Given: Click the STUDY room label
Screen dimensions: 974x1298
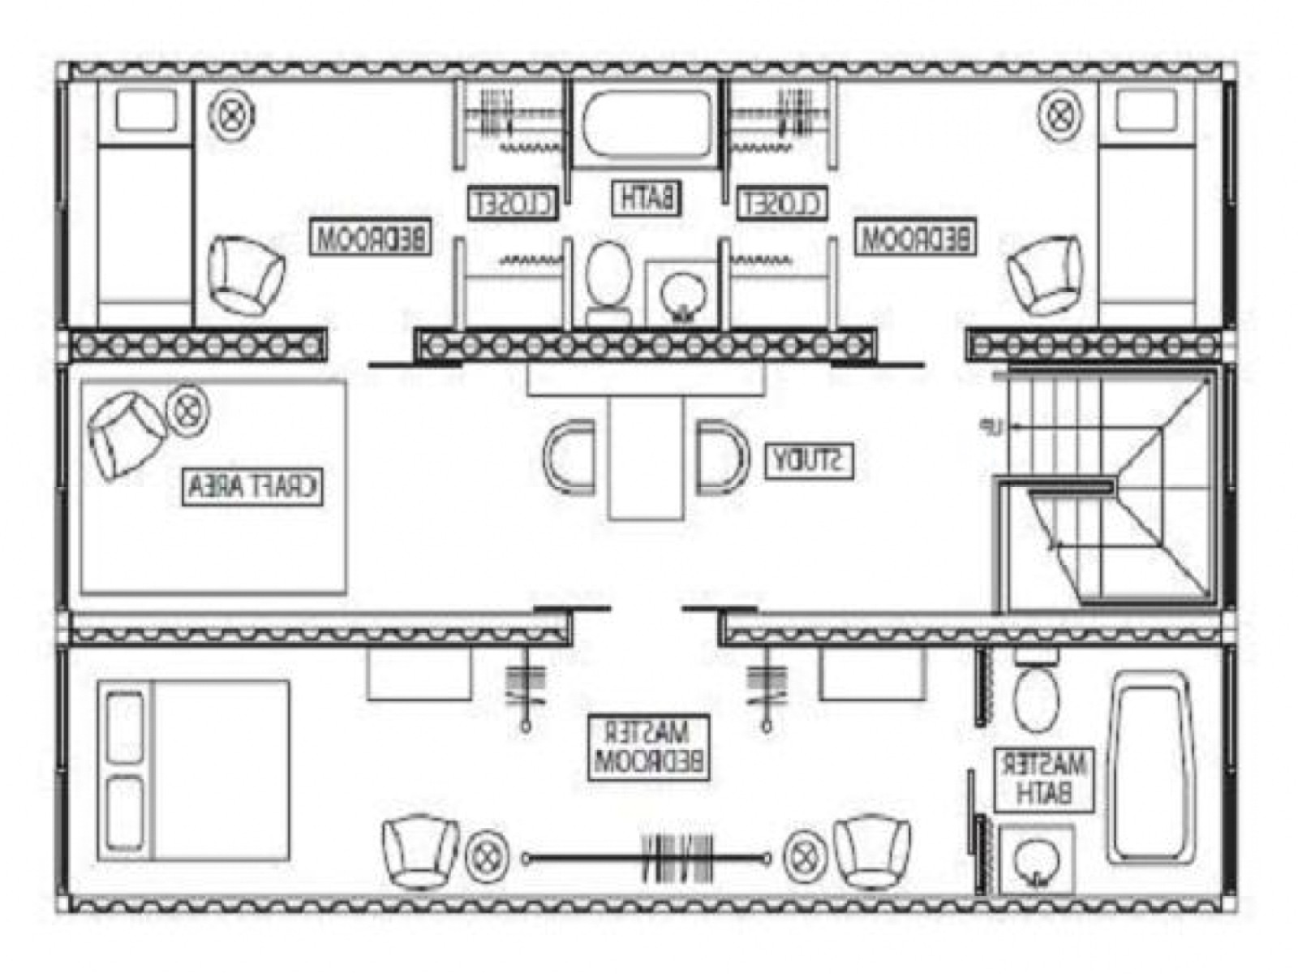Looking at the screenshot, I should point(809,461).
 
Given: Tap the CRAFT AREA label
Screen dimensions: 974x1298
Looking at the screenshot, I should point(252,487).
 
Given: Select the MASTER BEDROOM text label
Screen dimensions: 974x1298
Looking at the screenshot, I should point(650,748).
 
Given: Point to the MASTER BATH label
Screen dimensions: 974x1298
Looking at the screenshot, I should point(1043,778).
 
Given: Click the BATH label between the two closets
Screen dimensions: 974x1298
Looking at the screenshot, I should point(646,197).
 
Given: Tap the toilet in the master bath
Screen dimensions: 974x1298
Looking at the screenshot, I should point(1036,696).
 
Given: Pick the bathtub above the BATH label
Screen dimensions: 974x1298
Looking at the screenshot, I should point(645,127).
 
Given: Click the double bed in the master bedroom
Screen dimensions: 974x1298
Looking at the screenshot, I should point(193,770).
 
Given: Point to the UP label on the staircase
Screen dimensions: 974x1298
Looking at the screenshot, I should point(1012,425).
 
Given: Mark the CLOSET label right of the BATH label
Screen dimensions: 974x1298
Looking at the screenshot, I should point(782,203).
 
